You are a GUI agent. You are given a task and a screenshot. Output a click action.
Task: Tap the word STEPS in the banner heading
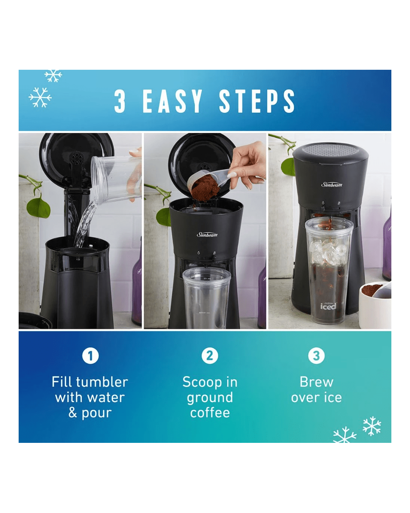point(257,101)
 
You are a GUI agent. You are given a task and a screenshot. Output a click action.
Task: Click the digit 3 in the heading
point(120,101)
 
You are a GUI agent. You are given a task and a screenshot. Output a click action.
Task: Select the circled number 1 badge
point(90,356)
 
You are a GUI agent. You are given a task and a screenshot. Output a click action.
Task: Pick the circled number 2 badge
point(209,356)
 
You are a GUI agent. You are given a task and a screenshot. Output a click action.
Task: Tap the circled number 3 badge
point(316,356)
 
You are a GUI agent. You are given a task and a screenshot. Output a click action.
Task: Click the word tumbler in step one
point(102,382)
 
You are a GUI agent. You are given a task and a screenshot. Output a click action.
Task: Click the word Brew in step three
point(316,382)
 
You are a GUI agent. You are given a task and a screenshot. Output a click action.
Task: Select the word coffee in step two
point(210,413)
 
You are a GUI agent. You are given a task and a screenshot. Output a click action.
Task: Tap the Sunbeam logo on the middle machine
point(207,235)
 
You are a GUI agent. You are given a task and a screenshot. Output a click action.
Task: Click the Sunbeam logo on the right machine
point(332,185)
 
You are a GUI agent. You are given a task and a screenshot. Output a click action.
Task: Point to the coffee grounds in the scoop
point(205,188)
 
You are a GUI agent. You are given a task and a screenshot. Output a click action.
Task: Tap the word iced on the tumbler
point(328,306)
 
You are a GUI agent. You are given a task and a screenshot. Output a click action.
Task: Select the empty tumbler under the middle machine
point(206,298)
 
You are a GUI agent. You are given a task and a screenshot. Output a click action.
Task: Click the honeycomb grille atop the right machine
point(331,149)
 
